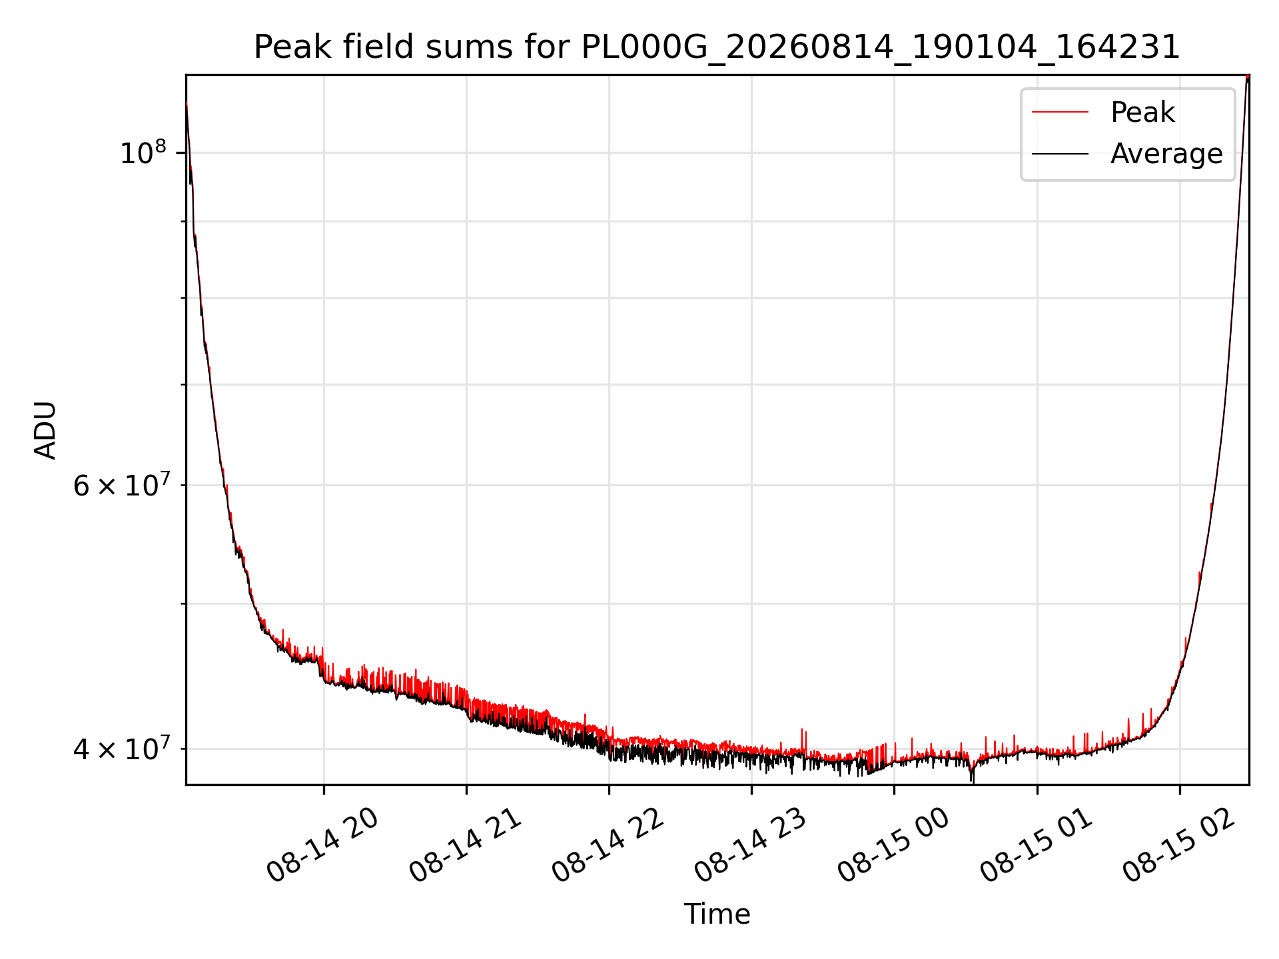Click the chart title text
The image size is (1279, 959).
coord(717,47)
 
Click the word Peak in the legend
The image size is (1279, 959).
coord(1142,113)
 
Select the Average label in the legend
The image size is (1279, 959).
coord(1166,154)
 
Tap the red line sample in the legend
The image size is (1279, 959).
coord(1060,113)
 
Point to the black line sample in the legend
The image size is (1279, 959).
coord(1060,154)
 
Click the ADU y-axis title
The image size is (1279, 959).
coord(45,430)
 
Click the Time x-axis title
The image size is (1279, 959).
coord(717,914)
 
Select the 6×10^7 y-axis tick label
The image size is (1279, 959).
coord(121,485)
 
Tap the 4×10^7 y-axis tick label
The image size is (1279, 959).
coord(121,749)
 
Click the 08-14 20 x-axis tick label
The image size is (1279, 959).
coord(322,846)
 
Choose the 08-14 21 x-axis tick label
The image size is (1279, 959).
coord(465,846)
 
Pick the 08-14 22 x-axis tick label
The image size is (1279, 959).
coord(608,846)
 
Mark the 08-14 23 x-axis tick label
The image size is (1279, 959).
coord(750,846)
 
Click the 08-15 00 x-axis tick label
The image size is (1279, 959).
coord(893,846)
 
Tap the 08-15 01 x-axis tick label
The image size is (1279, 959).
coord(1036,846)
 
